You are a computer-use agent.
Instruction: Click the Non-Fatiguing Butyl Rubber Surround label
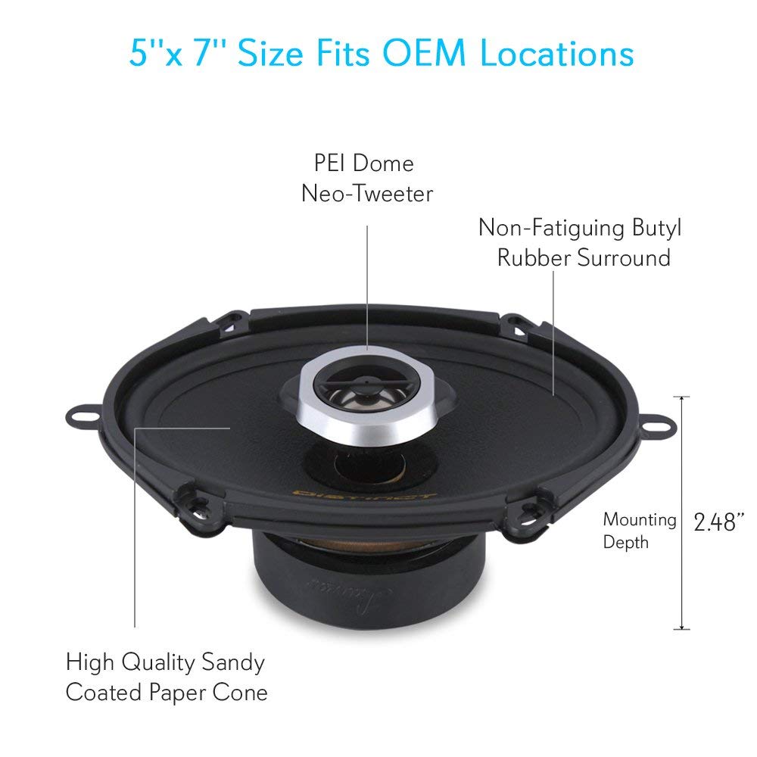(574, 242)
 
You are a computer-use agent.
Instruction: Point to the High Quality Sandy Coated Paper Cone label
(166, 677)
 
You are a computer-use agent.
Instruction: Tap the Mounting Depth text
(639, 530)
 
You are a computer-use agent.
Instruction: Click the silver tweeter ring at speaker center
(356, 424)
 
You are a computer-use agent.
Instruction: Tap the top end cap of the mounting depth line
(684, 396)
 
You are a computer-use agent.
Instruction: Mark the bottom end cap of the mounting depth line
(684, 629)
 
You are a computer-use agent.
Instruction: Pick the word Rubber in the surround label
(534, 257)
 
